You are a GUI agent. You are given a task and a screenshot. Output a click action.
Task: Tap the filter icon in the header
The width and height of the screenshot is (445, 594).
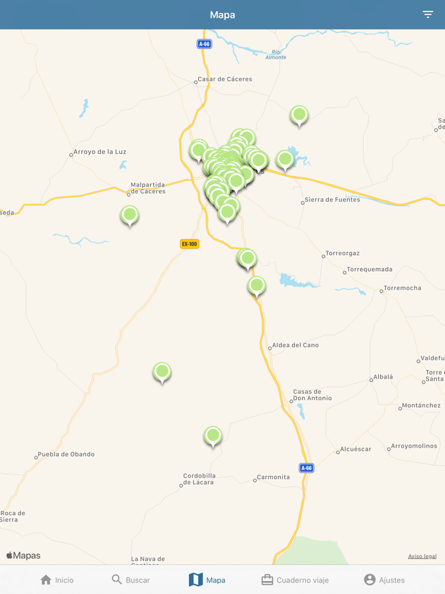428,15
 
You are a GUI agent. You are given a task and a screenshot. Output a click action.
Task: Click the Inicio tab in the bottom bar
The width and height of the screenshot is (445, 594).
57,580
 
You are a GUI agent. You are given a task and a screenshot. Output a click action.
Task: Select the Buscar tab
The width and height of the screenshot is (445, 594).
131,580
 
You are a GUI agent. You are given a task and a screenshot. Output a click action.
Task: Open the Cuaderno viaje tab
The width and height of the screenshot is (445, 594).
295,580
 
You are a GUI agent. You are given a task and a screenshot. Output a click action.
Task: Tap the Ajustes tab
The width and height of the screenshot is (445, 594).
384,580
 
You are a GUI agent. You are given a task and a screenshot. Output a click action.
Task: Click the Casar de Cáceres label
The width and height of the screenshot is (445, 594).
224,79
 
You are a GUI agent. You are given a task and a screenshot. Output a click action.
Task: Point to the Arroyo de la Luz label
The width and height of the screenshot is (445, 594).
99,152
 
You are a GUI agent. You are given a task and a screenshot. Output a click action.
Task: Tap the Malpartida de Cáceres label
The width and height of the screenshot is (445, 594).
147,188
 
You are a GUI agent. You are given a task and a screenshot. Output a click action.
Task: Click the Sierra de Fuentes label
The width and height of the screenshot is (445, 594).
332,200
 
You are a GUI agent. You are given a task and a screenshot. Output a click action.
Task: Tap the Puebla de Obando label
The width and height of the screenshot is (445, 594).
65,455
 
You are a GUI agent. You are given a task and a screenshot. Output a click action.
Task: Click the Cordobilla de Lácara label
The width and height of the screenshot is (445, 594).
199,479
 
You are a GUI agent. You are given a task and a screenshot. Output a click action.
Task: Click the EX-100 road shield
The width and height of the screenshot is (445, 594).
189,244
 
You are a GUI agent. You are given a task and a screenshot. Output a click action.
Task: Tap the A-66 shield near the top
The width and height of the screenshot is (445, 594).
204,44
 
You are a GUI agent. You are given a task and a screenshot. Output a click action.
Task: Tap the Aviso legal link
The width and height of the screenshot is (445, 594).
422,556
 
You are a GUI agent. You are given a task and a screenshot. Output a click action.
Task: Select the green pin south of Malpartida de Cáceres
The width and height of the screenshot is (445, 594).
130,215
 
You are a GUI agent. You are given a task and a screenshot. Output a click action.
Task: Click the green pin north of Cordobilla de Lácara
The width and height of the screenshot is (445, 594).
213,436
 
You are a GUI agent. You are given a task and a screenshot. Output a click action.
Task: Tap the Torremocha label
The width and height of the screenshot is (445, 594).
403,288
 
